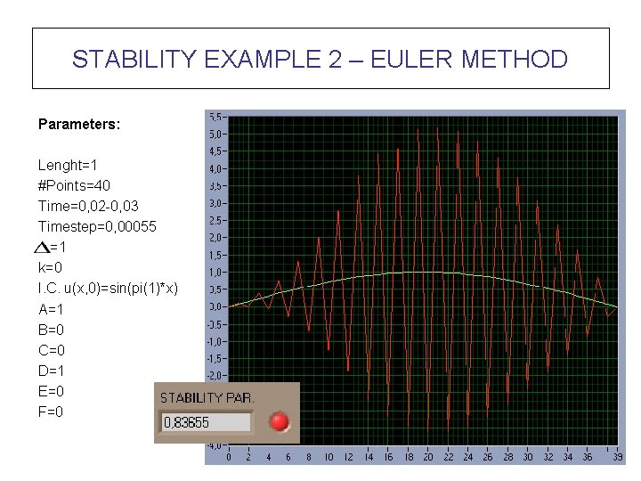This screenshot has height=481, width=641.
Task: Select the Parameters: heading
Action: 79,125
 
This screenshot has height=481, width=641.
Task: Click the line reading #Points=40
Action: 74,185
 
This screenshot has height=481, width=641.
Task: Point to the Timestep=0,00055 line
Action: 97,226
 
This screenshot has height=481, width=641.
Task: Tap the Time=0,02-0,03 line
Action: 88,206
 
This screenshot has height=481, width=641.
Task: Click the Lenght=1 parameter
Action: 68,166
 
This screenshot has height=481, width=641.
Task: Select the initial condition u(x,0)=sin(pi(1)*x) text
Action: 108,289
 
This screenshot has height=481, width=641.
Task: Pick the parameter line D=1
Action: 52,371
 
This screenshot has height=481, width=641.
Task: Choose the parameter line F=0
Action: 51,412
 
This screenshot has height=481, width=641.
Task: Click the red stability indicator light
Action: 280,421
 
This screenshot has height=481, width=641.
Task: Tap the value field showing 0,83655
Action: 205,422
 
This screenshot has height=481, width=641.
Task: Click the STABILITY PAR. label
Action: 206,397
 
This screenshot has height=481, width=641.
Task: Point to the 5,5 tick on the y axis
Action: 215,117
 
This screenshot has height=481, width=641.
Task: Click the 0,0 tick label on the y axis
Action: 215,306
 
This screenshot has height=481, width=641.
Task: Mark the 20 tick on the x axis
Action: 428,457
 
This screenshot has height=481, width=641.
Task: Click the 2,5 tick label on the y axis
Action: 215,220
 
